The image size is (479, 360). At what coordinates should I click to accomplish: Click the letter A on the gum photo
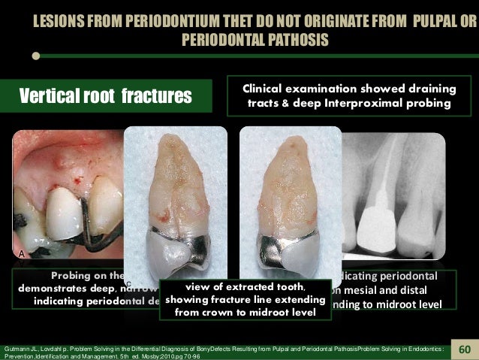(22, 254)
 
